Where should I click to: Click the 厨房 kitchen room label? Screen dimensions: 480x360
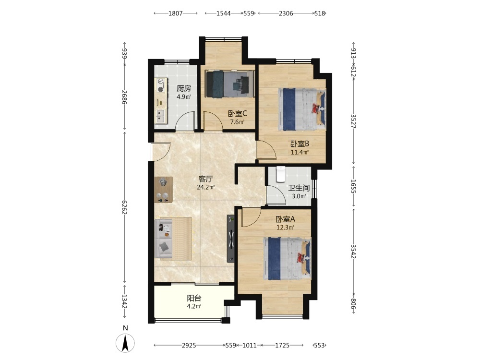(x=184, y=89)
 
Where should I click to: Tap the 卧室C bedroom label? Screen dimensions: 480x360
(x=237, y=114)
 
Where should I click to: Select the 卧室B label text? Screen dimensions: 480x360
(x=300, y=144)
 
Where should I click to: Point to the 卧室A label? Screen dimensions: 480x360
(x=285, y=219)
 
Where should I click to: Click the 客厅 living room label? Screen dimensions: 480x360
(x=205, y=179)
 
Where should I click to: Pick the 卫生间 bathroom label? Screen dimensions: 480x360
(x=299, y=188)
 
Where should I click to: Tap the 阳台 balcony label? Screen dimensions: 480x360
(x=194, y=298)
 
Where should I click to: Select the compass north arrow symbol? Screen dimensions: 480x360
(x=125, y=343)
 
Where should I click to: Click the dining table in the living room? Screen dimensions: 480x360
(x=164, y=190)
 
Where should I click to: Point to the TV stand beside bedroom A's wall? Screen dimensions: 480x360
(x=231, y=239)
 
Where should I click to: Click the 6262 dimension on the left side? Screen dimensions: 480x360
(x=125, y=207)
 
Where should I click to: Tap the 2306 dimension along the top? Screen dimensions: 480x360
(x=286, y=13)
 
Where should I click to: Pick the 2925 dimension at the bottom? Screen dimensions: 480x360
(x=189, y=345)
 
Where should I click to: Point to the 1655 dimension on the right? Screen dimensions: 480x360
(x=354, y=186)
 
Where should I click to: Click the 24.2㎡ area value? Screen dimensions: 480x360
(x=206, y=187)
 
